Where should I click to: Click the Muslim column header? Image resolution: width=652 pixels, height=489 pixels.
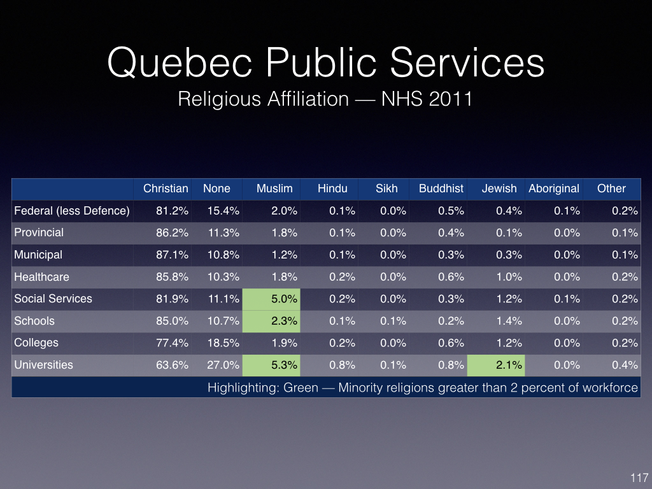coord(274,188)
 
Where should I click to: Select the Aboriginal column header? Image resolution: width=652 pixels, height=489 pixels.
coord(554,188)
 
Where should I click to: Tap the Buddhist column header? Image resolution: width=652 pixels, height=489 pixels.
coord(441,188)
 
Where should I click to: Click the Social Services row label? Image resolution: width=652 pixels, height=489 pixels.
coord(53,299)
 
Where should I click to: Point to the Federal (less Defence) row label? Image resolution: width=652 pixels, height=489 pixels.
coord(72,211)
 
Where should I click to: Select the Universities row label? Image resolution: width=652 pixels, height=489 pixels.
coord(44,365)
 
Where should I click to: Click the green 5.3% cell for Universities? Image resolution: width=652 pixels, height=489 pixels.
coord(271,365)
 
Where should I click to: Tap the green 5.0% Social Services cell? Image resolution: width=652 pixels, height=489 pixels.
coord(271,299)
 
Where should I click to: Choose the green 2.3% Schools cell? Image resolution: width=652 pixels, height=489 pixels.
coord(271,321)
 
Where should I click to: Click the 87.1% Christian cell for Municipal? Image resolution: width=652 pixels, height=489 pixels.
coord(172,255)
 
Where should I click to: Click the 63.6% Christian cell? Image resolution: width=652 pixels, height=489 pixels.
coord(172,365)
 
